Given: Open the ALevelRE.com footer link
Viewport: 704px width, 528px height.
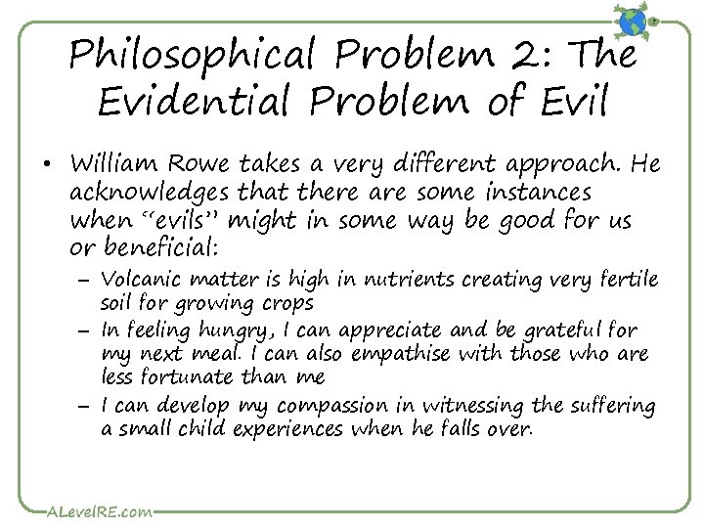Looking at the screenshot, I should tap(89, 509).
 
